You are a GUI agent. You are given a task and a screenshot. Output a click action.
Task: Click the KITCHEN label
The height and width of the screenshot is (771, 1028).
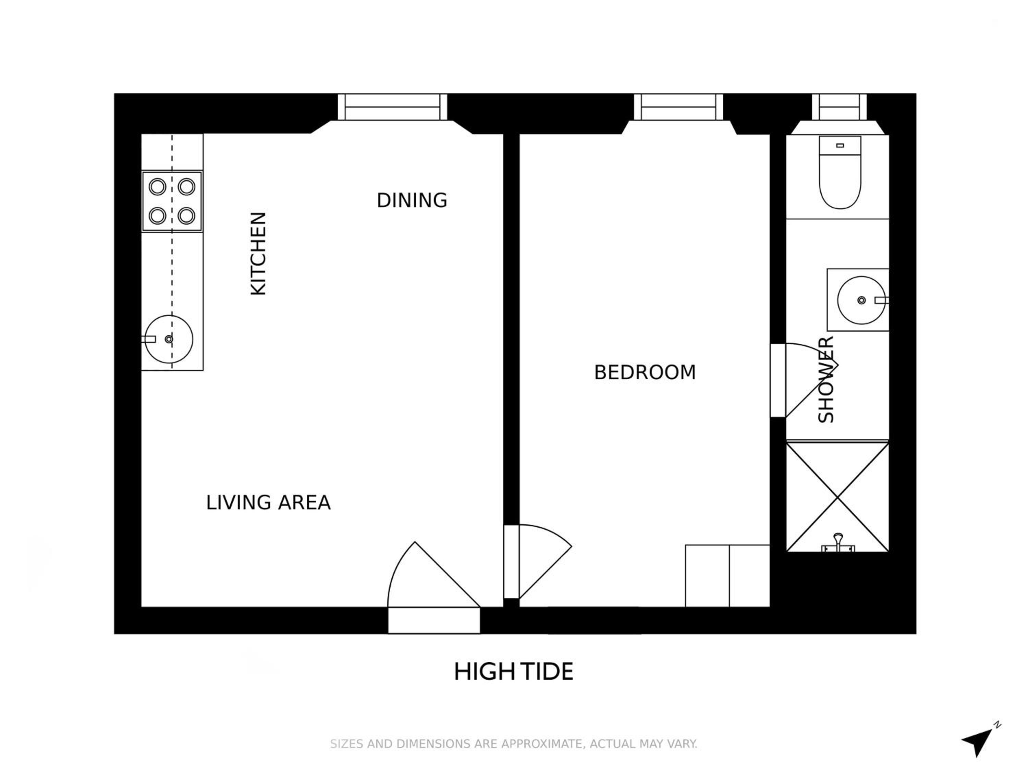(x=258, y=254)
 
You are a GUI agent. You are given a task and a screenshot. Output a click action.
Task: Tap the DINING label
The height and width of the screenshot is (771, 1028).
(x=412, y=200)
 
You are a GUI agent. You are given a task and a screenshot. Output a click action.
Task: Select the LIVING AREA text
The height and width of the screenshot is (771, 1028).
(x=268, y=502)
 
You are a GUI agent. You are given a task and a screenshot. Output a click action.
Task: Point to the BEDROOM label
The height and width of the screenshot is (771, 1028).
(x=645, y=372)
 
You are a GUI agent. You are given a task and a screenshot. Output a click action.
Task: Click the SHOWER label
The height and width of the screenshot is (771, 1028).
(x=826, y=379)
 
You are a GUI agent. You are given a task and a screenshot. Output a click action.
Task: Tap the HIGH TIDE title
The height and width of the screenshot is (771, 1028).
(x=514, y=672)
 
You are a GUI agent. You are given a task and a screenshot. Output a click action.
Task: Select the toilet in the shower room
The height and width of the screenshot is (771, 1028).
(x=840, y=172)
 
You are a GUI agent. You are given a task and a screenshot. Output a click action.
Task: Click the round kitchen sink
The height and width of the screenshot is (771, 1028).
(x=168, y=339)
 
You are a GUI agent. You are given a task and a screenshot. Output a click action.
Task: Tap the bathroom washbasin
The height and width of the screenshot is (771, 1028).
(x=861, y=300)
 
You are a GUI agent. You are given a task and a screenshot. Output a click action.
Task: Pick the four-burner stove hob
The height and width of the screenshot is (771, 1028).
(x=172, y=201)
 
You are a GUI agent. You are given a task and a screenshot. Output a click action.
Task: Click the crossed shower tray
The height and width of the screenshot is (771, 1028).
(x=837, y=497)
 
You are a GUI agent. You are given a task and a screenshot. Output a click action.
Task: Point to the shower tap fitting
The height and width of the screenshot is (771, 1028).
(x=838, y=543)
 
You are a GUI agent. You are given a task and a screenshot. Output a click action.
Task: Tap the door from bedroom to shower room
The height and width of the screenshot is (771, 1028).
(x=804, y=380)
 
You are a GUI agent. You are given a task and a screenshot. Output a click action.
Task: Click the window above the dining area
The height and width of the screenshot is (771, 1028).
(x=392, y=107)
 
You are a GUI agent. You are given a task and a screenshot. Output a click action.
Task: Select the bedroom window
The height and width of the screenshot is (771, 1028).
(x=678, y=107)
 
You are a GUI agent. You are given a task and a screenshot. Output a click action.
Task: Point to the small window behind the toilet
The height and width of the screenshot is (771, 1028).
(x=839, y=107)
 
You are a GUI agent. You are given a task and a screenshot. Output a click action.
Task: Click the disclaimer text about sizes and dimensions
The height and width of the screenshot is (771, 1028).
(x=514, y=744)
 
